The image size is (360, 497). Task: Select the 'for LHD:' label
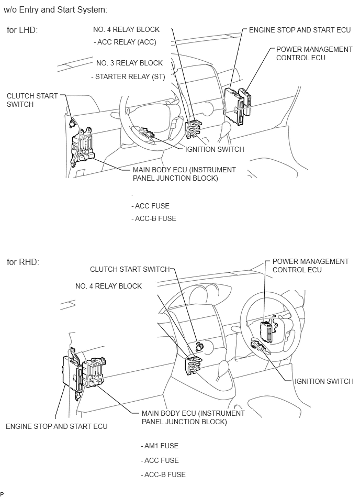tap(22, 30)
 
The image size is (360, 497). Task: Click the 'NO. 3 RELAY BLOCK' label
tap(130, 63)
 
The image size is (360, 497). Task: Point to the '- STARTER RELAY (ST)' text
tap(128, 76)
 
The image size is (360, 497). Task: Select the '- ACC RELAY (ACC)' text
tap(125, 42)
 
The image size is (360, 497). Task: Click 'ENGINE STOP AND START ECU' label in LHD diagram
tap(299, 30)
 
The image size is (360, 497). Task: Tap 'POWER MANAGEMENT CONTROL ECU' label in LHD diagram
tap(314, 53)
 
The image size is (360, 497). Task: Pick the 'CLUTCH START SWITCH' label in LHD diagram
tap(32, 100)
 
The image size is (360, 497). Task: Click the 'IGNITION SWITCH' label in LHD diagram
tap(215, 149)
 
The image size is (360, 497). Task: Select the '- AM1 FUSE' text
tap(160, 446)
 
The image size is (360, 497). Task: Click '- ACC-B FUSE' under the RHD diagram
tap(163, 474)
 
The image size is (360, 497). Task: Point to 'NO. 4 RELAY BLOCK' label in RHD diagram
tap(108, 286)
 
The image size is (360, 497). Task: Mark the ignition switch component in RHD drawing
tap(260, 344)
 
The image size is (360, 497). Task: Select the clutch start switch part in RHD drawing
tap(199, 346)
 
